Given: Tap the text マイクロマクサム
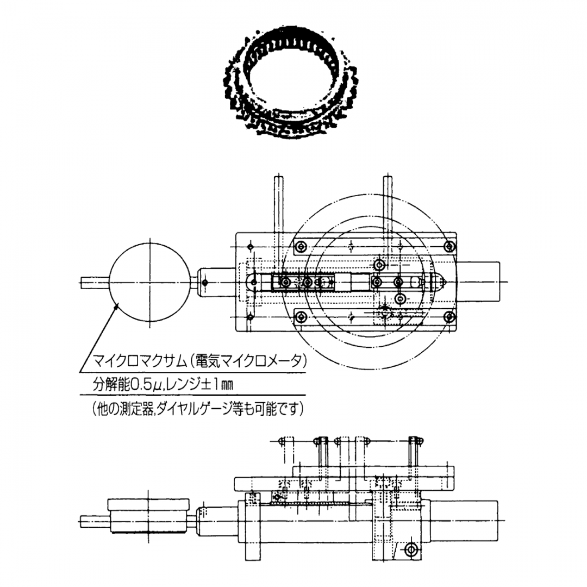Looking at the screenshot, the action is (x=139, y=361).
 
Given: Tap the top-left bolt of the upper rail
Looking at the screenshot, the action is (x=301, y=246).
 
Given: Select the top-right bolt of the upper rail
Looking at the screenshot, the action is (x=449, y=246).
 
